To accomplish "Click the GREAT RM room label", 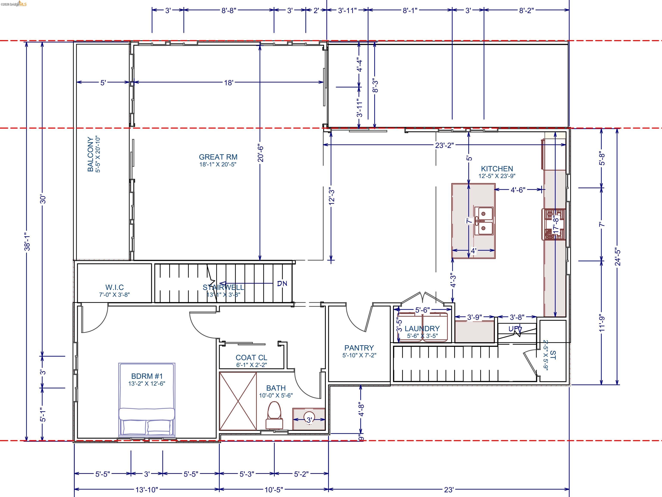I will (x=218, y=157).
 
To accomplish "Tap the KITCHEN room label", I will (x=497, y=169).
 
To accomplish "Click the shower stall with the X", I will (x=238, y=401).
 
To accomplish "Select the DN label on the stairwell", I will (x=282, y=283).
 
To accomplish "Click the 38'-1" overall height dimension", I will (x=27, y=241).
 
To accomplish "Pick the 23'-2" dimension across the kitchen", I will (x=444, y=145).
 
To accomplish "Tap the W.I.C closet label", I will (x=114, y=287).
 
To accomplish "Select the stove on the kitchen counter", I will (x=553, y=224).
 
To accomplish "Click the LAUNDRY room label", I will (x=422, y=328).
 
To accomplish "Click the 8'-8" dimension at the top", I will (x=229, y=11).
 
